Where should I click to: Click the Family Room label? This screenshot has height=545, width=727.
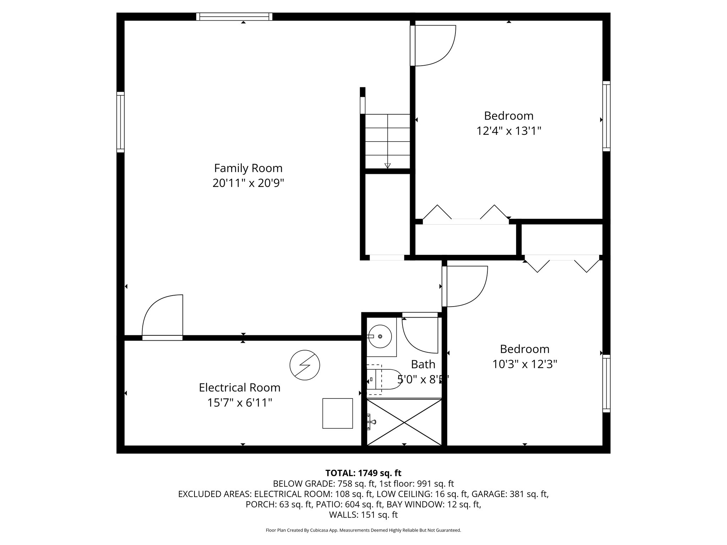tap(248, 168)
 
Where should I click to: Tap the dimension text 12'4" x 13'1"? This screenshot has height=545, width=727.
tap(508, 131)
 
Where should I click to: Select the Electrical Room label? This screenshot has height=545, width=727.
tap(240, 387)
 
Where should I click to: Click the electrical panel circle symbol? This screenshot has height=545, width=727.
tap(305, 365)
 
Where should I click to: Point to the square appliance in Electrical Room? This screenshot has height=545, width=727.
tap(337, 413)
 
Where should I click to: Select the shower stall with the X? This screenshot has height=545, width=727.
tap(404, 422)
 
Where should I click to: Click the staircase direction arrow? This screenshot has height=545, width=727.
tap(387, 165)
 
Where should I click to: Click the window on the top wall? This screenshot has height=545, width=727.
tap(234, 16)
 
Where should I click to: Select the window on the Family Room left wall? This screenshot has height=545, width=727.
tap(121, 122)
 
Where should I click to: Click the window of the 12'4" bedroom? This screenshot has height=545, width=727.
tap(606, 116)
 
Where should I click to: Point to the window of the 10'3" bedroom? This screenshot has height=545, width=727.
tap(606, 384)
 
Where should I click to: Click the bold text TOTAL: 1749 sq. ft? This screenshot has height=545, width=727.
tap(363, 473)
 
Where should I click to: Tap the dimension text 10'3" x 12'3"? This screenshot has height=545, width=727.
tap(525, 364)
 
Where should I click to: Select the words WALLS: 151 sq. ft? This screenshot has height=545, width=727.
tap(363, 515)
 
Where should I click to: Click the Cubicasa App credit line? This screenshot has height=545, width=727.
tap(363, 530)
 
